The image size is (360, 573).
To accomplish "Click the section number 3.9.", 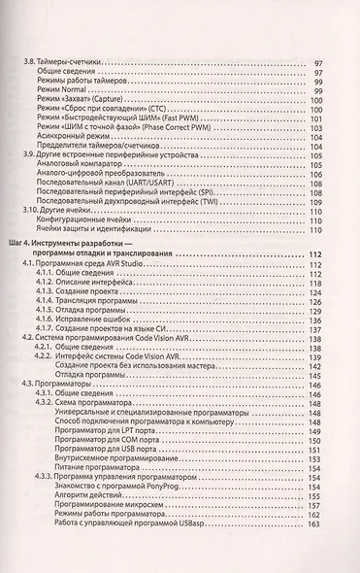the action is [27, 153].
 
